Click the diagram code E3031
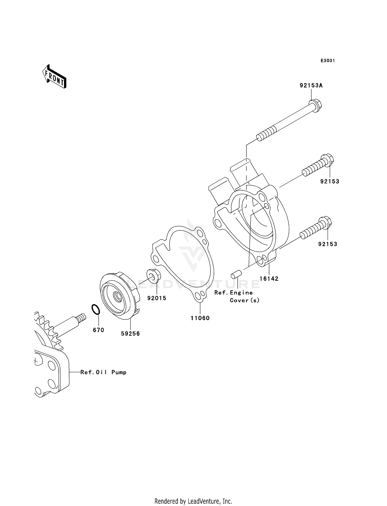327,61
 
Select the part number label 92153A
311,86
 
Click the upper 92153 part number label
329,181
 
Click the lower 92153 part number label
327,244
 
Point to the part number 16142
269,279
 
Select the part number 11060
200,318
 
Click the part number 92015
157,298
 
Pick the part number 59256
130,334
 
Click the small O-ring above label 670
95,310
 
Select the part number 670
98,330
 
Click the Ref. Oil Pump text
103,372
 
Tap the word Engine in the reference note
241,293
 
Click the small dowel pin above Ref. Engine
236,275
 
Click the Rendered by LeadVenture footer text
193,501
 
